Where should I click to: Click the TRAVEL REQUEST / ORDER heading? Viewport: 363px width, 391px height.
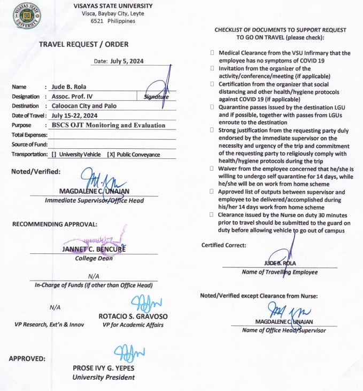(x=83, y=44)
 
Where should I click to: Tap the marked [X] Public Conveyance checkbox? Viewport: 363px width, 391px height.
(x=111, y=155)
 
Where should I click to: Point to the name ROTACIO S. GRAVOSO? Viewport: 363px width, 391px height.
(x=133, y=316)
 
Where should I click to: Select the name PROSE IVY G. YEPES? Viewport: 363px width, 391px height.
(x=104, y=368)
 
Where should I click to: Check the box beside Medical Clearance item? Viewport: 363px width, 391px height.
(x=212, y=53)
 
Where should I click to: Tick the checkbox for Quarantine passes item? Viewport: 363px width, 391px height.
(x=212, y=107)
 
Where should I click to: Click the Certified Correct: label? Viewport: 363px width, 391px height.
(x=224, y=245)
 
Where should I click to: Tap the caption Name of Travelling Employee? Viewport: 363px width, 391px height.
(x=280, y=272)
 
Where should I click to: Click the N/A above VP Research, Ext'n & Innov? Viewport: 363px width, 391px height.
(x=55, y=307)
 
